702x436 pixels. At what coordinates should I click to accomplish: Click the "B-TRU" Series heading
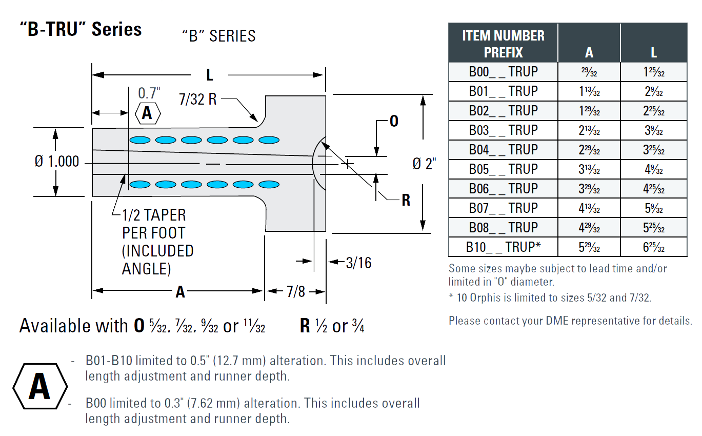[x=81, y=30]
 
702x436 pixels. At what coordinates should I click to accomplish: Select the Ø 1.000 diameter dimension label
[x=56, y=162]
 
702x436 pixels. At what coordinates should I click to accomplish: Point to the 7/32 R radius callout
[x=198, y=99]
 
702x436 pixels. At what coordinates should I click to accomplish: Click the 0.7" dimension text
[x=149, y=93]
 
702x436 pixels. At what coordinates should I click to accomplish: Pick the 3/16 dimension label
[x=358, y=263]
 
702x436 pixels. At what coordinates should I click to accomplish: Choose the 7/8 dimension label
[x=295, y=292]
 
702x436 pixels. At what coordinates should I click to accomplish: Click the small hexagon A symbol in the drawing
[x=147, y=113]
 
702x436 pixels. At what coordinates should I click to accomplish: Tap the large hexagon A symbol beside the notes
[x=39, y=387]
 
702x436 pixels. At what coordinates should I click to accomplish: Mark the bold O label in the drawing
[x=394, y=121]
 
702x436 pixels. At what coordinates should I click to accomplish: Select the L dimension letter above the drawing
[x=209, y=75]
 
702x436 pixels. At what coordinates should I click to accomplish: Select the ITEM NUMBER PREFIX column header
[x=503, y=44]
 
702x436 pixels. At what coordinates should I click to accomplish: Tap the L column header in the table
[x=653, y=52]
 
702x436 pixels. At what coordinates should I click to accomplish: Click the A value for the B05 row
[x=589, y=169]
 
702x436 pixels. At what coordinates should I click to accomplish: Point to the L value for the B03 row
[x=653, y=130]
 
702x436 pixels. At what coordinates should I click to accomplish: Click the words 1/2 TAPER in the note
[x=154, y=215]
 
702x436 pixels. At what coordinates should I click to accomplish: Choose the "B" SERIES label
[x=218, y=36]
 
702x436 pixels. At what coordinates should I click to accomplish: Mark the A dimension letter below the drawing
[x=180, y=292]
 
